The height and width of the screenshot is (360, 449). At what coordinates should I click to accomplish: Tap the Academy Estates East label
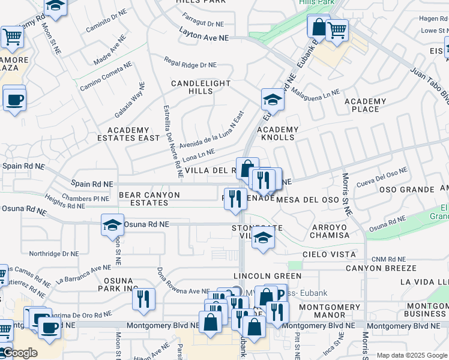pyautogui.click(x=128, y=134)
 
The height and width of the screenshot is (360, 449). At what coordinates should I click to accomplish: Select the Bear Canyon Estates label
pyautogui.click(x=149, y=199)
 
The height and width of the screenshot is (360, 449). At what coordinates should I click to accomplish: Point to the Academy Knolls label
pyautogui.click(x=277, y=133)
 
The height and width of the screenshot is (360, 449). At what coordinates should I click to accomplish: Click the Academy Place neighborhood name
pyautogui.click(x=366, y=105)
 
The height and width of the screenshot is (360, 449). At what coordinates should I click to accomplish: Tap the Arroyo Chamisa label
pyautogui.click(x=330, y=231)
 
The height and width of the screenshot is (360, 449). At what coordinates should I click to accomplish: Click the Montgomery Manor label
pyautogui.click(x=330, y=311)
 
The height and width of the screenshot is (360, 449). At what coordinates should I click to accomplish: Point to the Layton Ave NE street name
pyautogui.click(x=204, y=37)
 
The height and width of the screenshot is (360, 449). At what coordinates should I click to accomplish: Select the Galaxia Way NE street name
pyautogui.click(x=129, y=100)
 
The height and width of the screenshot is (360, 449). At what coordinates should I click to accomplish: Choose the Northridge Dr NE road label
pyautogui.click(x=54, y=254)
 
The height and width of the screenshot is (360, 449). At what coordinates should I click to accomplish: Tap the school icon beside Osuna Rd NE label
pyautogui.click(x=112, y=225)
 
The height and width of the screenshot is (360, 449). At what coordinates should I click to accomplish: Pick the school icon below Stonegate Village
pyautogui.click(x=262, y=236)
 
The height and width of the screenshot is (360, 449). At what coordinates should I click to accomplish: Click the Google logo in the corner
pyautogui.click(x=19, y=353)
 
